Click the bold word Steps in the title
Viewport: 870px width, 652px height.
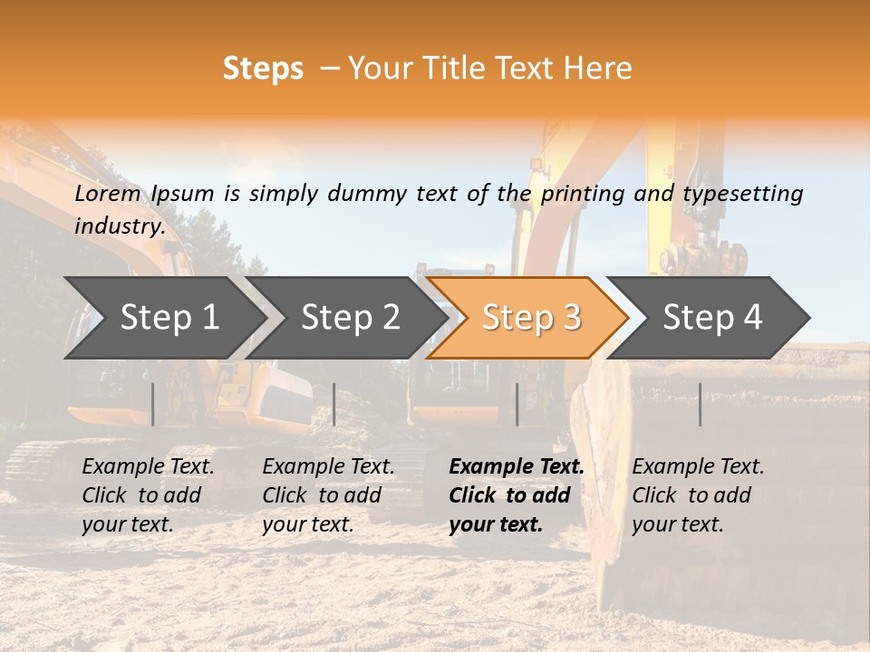point(263,69)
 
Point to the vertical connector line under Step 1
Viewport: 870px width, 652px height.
point(153,404)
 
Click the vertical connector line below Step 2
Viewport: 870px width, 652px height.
point(334,404)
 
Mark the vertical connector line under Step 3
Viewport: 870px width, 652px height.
point(517,404)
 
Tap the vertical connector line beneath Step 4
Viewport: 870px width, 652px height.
point(700,404)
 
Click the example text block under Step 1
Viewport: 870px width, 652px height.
point(148,495)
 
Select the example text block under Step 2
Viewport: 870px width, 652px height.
point(328,495)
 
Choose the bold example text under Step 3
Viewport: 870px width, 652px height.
point(517,495)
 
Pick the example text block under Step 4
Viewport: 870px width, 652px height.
point(698,495)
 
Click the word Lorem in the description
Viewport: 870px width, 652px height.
point(108,194)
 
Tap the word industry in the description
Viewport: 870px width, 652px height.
point(119,226)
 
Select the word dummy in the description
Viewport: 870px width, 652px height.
point(367,194)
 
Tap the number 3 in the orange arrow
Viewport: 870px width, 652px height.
point(572,318)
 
